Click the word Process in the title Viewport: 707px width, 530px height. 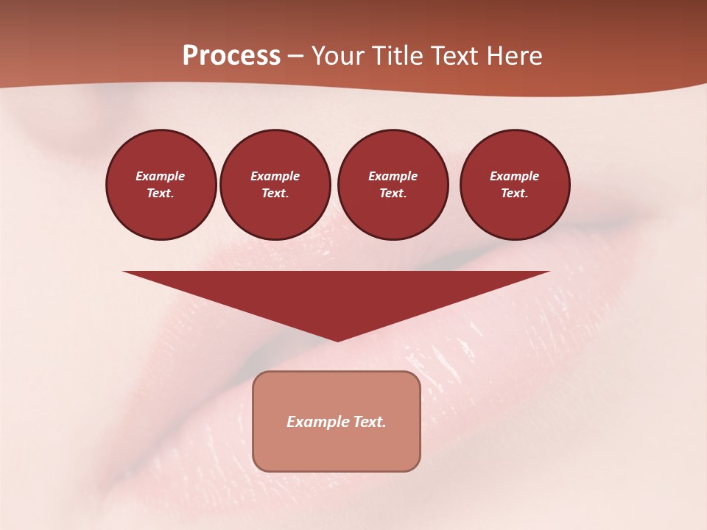click(x=231, y=56)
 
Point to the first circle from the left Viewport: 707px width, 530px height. click(x=161, y=185)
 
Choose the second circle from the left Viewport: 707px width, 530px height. click(x=275, y=185)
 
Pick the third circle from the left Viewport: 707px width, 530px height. click(x=393, y=185)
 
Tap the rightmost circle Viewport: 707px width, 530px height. click(x=514, y=185)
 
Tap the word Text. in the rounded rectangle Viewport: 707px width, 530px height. click(x=371, y=422)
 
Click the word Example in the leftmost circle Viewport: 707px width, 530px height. click(x=161, y=176)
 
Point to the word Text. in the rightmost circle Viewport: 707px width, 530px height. click(x=514, y=194)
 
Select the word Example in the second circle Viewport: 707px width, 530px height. click(x=275, y=176)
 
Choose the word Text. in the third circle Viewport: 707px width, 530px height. click(x=393, y=194)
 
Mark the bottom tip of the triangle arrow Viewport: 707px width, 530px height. click(x=337, y=340)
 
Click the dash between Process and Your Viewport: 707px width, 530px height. click(x=296, y=56)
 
